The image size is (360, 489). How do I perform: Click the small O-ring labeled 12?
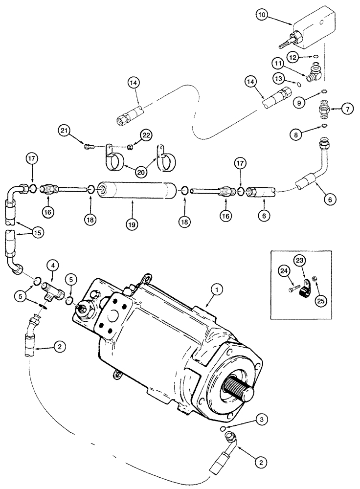click(x=316, y=57)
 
